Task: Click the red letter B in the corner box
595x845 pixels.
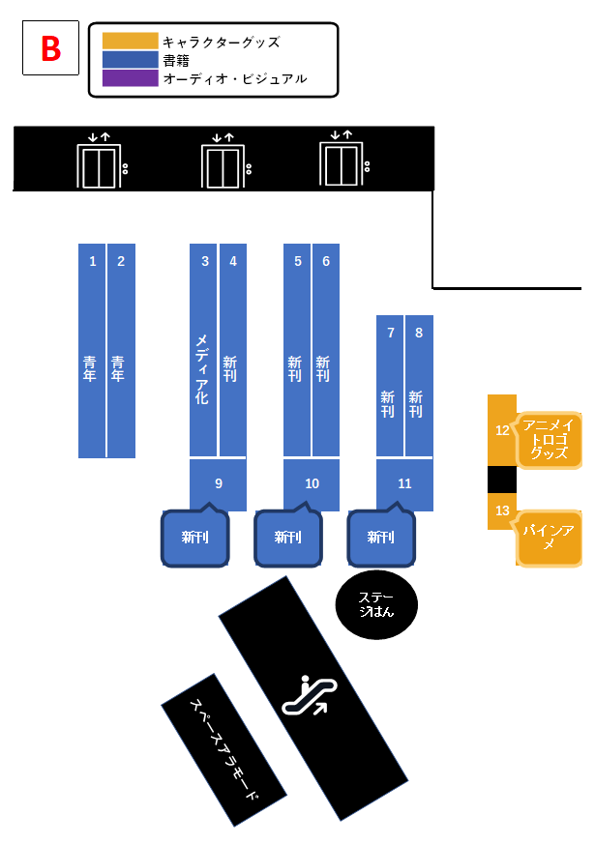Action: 50,49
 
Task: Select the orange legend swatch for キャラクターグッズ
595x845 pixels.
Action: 130,41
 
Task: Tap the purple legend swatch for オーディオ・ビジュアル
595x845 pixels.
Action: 130,78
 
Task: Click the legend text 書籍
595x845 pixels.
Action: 177,60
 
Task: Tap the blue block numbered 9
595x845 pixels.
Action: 218,483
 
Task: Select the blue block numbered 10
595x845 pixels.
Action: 311,483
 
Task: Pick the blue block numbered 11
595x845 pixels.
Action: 404,483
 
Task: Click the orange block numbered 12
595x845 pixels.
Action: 501,430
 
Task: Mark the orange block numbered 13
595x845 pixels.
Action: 501,510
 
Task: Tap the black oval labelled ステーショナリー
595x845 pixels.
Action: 376,604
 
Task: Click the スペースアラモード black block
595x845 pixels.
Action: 223,750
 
